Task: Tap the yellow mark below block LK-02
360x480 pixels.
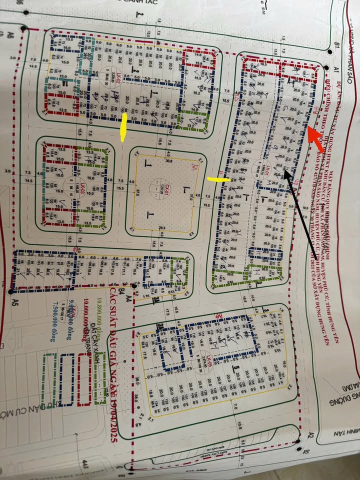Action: pyautogui.click(x=123, y=127)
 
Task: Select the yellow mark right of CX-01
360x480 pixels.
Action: pyautogui.click(x=219, y=178)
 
